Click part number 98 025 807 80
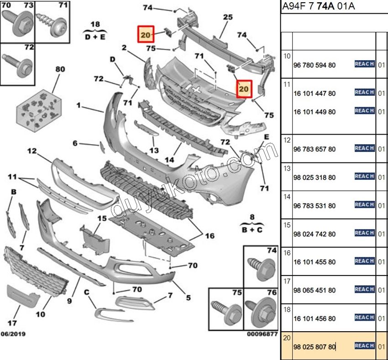click(315, 348)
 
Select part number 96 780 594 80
click(315, 65)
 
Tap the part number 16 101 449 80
click(315, 112)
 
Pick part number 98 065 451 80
click(315, 290)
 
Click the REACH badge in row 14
click(364, 205)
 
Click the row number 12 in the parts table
click(287, 141)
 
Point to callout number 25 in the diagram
click(228, 17)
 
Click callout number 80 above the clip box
click(60, 69)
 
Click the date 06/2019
click(13, 334)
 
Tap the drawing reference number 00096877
click(262, 334)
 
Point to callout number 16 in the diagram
click(210, 236)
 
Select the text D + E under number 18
click(94, 37)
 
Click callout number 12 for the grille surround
click(31, 151)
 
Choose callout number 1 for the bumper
click(79, 105)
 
